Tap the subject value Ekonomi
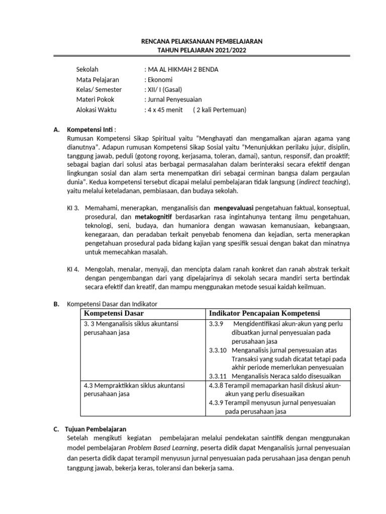(x=159, y=79)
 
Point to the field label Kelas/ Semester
(x=99, y=89)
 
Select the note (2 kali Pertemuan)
(x=220, y=109)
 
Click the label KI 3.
(x=73, y=207)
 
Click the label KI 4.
(x=73, y=269)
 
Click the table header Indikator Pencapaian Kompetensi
(x=264, y=313)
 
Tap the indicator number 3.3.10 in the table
(x=217, y=350)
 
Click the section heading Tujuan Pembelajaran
(x=96, y=429)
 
